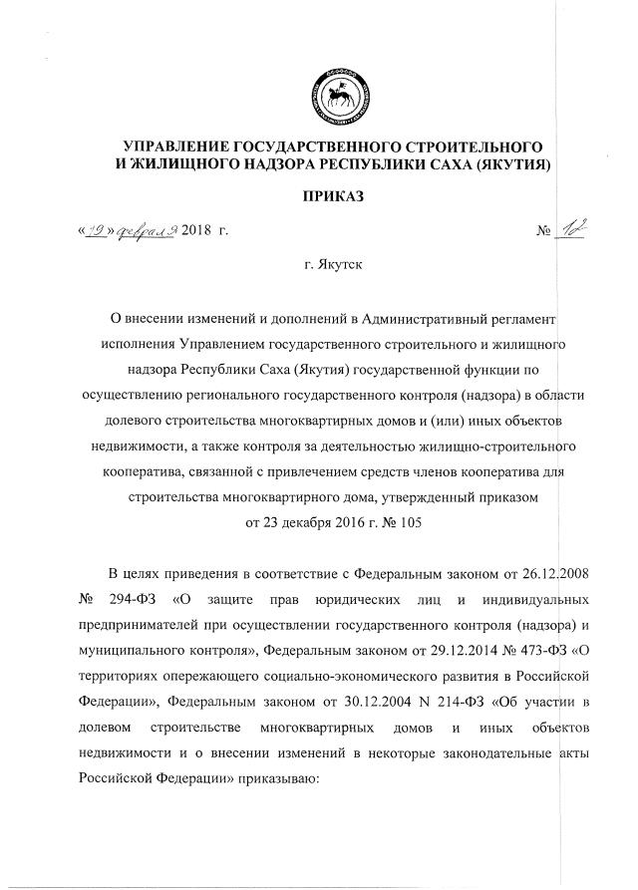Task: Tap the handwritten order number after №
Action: point(570,231)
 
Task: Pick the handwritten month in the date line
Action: point(148,232)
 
